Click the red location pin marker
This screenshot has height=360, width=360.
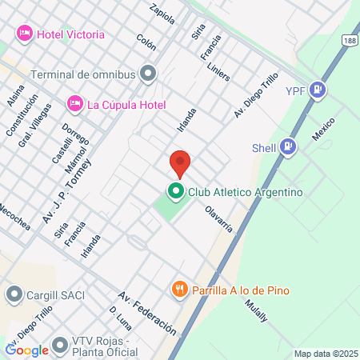180,162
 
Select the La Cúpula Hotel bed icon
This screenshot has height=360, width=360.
75,104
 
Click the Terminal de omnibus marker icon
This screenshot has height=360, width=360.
148,74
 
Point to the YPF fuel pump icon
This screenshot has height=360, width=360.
318,90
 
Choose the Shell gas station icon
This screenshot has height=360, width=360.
288,146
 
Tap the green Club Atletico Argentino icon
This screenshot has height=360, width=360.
174,192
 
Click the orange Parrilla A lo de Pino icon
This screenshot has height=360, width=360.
179,290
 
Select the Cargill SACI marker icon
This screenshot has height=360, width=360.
14,295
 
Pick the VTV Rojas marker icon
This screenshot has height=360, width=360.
59,346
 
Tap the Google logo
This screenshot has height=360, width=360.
26,350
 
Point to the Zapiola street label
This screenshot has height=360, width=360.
162,14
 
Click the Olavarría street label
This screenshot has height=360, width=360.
218,218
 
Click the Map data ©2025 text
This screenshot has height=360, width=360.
326,354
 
